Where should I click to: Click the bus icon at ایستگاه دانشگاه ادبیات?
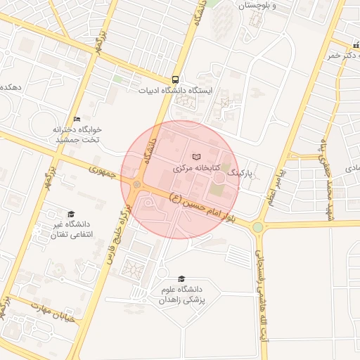(x=175, y=79)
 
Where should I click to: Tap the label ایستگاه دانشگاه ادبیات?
(x=175, y=91)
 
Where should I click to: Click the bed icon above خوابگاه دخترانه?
(x=77, y=119)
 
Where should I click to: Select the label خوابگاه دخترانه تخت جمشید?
(x=79, y=135)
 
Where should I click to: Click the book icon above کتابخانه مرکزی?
(x=196, y=156)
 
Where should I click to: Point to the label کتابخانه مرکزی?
(x=197, y=169)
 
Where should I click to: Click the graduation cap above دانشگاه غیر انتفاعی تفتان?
(x=70, y=214)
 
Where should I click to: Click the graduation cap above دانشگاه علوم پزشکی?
(x=182, y=278)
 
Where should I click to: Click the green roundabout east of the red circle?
(x=258, y=227)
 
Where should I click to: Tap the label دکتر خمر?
(x=340, y=54)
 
